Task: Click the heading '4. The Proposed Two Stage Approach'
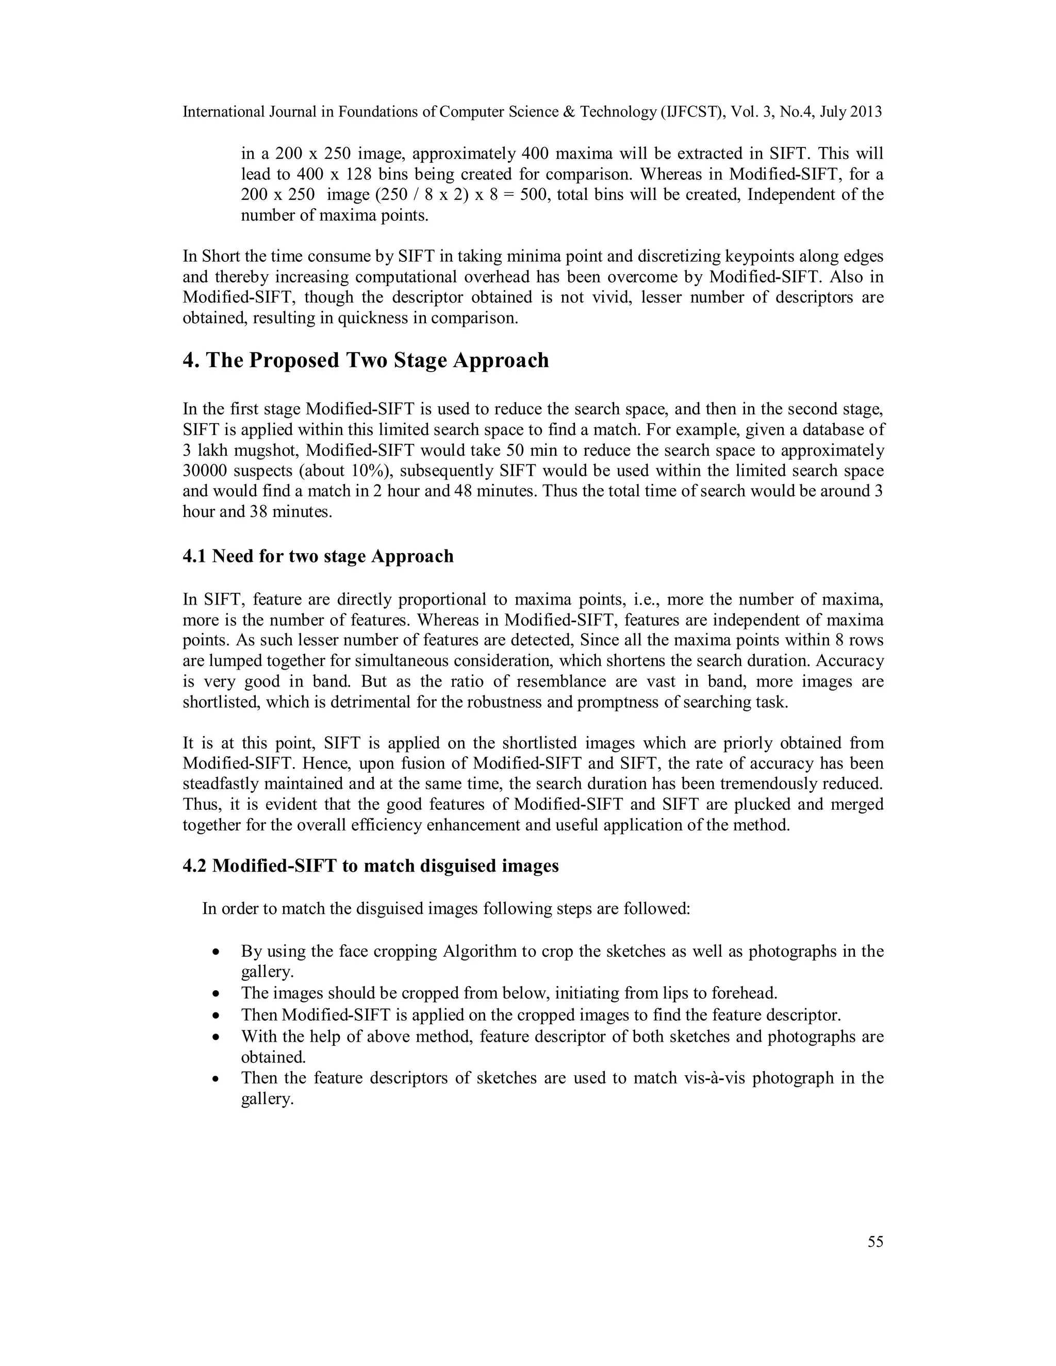pyautogui.click(x=366, y=360)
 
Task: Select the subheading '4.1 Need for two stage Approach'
pyautogui.click(x=318, y=556)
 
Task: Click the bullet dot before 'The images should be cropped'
pyautogui.click(x=216, y=993)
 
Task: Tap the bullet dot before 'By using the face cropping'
pyautogui.click(x=216, y=952)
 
